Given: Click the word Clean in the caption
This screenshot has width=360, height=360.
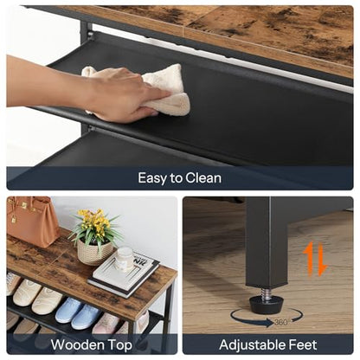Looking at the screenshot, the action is click(203, 178).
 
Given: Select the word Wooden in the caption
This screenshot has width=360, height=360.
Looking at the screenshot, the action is click(77, 344).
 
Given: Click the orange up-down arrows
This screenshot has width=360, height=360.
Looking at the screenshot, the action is click(315, 259).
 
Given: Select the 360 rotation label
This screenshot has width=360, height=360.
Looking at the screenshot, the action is click(280, 322).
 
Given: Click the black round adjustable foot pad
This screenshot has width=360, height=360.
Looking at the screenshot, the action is click(267, 305).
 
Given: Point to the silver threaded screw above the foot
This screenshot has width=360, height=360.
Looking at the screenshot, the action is click(266, 291).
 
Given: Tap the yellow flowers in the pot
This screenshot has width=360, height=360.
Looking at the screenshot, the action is click(92, 220).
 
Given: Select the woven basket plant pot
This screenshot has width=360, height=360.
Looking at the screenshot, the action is click(95, 252).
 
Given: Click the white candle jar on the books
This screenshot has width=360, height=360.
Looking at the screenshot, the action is click(125, 258).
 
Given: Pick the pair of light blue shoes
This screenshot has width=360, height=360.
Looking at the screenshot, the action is click(78, 313).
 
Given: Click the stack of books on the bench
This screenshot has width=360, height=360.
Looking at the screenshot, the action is click(124, 274).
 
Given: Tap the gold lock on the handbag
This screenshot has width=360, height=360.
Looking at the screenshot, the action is click(14, 219).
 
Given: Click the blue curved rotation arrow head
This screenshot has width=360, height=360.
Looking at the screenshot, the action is click(270, 323).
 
